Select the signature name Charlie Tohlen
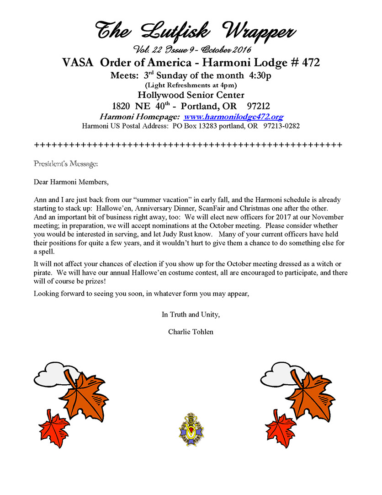[191, 332]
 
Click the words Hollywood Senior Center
[191, 95]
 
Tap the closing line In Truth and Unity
[191, 314]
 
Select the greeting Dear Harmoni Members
[71, 182]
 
